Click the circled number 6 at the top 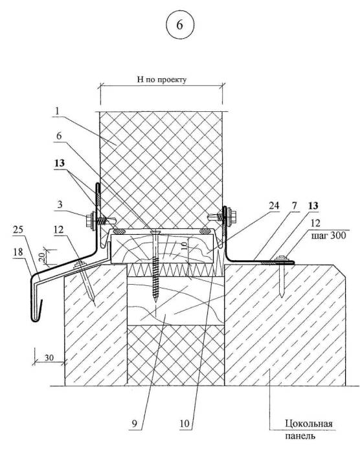click(x=180, y=25)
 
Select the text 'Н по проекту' click(x=161, y=79)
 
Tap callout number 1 click(x=57, y=111)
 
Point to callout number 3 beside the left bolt click(x=60, y=204)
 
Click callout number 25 click(x=17, y=230)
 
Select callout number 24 click(x=274, y=205)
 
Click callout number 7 click(x=295, y=205)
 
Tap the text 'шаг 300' click(x=328, y=235)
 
